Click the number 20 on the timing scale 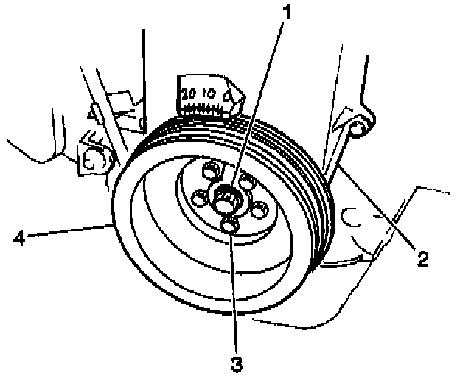tap(186, 94)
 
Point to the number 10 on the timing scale tap(207, 94)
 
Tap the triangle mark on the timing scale tap(229, 94)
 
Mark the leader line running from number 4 tap(66, 230)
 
